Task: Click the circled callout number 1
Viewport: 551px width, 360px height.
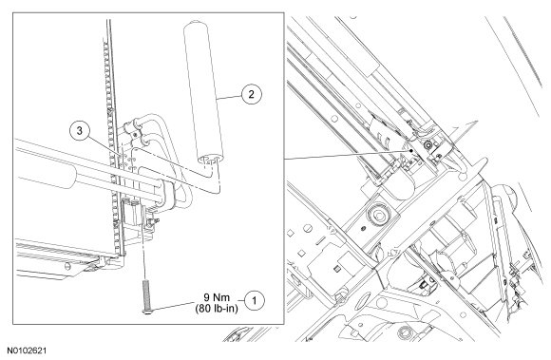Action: pyautogui.click(x=255, y=301)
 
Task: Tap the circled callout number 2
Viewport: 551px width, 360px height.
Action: pyautogui.click(x=251, y=94)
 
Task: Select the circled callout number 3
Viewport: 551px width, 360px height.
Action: pyautogui.click(x=80, y=131)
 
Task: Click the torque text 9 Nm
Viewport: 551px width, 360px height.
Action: pyautogui.click(x=217, y=297)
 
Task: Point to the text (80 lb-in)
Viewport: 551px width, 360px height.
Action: pyautogui.click(x=217, y=309)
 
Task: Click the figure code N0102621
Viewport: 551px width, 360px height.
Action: pyautogui.click(x=27, y=351)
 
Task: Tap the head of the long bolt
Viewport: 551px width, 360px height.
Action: pyautogui.click(x=146, y=312)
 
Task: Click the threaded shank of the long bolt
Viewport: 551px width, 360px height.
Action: pyautogui.click(x=146, y=294)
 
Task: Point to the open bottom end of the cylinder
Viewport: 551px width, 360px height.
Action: pyautogui.click(x=210, y=159)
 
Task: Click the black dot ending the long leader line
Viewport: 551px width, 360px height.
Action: pyautogui.click(x=410, y=150)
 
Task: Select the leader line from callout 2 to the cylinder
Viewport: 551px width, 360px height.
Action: pyautogui.click(x=228, y=97)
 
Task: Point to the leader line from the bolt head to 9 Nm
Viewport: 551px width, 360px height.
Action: pyautogui.click(x=173, y=306)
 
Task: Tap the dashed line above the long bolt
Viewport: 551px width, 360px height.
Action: pyautogui.click(x=143, y=254)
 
